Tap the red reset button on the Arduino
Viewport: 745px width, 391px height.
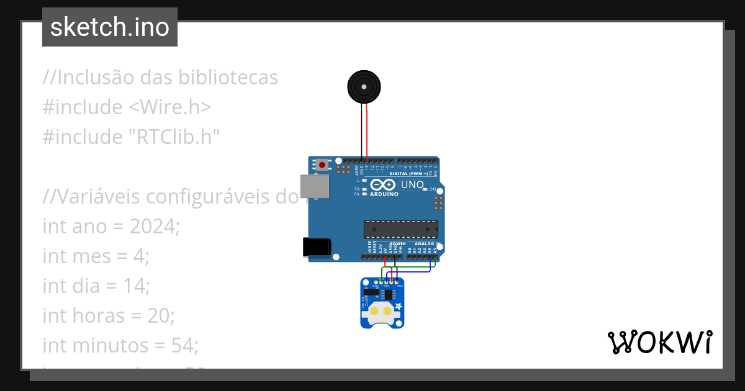(x=322, y=165)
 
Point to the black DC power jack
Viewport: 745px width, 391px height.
(x=315, y=247)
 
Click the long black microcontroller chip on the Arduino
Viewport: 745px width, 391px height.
(x=400, y=229)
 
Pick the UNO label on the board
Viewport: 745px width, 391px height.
(x=412, y=184)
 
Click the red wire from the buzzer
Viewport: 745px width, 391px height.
(x=367, y=130)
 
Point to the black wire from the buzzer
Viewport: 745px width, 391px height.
(x=361, y=130)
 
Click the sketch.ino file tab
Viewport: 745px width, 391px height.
(x=110, y=27)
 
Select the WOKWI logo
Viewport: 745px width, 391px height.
(x=659, y=342)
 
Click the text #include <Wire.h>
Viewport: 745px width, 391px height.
(x=127, y=107)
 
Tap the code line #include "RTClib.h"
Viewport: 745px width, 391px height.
(x=132, y=137)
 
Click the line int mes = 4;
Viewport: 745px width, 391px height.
(x=96, y=256)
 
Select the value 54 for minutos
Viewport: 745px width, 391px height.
(x=183, y=346)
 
